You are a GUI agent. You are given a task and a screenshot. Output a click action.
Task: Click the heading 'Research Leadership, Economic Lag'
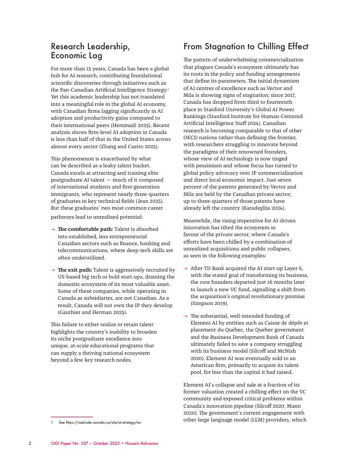[x=90, y=51]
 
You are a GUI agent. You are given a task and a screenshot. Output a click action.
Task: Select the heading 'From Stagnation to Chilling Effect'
[x=246, y=47]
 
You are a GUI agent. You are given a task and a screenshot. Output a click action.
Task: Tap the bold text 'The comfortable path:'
[x=85, y=229]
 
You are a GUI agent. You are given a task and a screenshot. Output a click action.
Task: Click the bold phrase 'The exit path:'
[x=75, y=270]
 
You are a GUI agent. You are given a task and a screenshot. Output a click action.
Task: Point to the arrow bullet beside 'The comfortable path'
[x=53, y=229]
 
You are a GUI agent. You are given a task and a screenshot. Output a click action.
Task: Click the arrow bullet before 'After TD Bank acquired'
[x=186, y=268]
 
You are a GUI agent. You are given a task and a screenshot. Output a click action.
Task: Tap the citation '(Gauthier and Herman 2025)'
[x=92, y=312]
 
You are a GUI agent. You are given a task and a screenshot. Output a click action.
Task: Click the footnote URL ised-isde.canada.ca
[x=103, y=423]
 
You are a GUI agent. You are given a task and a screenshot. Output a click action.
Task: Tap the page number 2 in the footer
[x=30, y=443]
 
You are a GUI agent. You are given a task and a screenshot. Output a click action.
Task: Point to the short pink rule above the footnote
[x=72, y=417]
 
